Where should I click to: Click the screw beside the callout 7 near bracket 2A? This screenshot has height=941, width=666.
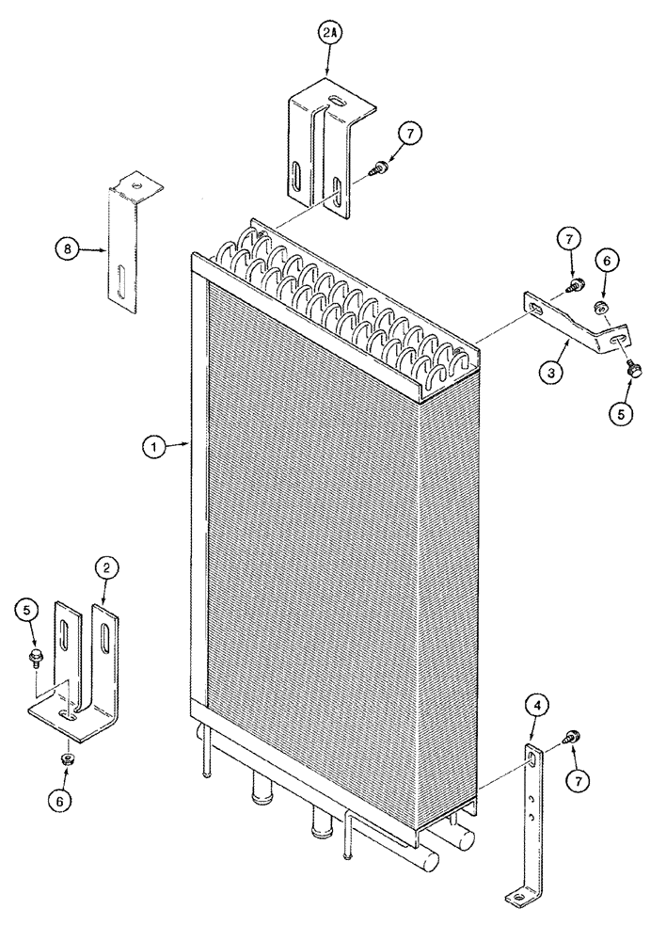point(380,169)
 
